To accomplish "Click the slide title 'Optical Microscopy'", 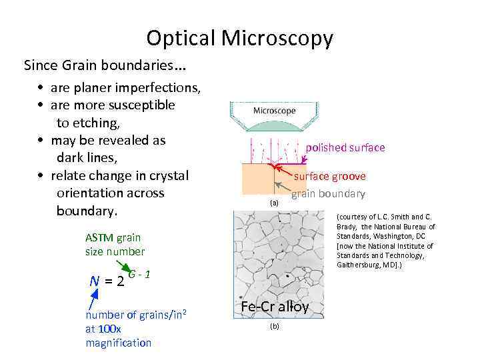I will point(239,38).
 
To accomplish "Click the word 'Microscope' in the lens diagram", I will point(274,111).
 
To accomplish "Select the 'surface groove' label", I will point(329,177).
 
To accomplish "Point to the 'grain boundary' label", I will point(328,194).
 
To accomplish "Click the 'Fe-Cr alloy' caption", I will point(275,307).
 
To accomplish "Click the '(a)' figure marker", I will point(274,202).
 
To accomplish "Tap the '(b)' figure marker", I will point(274,326).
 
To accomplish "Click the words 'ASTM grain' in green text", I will point(113,237).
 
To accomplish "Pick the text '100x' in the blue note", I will point(109,329).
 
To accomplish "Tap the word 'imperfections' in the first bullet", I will point(163,88).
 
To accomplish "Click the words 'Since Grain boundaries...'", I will point(105,65).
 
